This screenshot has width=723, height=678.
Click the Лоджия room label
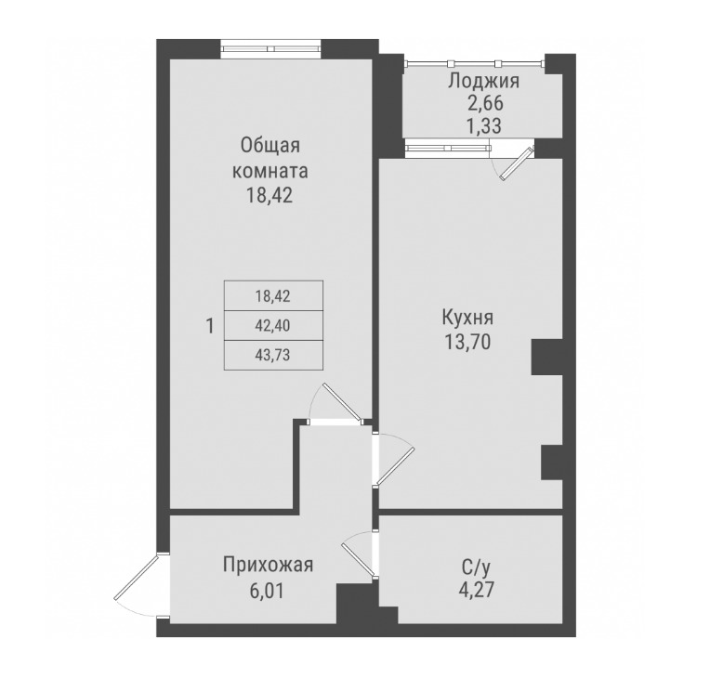482,81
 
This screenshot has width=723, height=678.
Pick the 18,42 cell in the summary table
272,298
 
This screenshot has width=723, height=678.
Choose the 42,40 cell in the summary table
272,325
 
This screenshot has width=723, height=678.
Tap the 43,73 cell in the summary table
272,353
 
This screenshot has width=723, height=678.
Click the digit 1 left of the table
210,326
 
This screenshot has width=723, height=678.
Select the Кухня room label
467,317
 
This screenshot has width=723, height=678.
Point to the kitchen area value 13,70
467,342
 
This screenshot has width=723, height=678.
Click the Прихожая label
268,565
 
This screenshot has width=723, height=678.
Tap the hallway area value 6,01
268,589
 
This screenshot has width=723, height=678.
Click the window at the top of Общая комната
270,48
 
